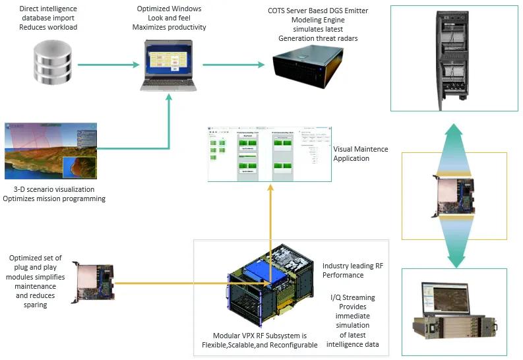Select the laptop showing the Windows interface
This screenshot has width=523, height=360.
pos(169,63)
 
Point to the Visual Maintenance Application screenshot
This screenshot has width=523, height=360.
pos(270,154)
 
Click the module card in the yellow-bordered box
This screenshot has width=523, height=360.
pos(455,195)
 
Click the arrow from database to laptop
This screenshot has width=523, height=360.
pos(109,65)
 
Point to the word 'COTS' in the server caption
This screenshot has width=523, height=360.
pos(278,11)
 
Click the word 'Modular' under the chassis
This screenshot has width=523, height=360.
pos(228,336)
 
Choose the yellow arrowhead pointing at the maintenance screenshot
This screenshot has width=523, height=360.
pos(270,189)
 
